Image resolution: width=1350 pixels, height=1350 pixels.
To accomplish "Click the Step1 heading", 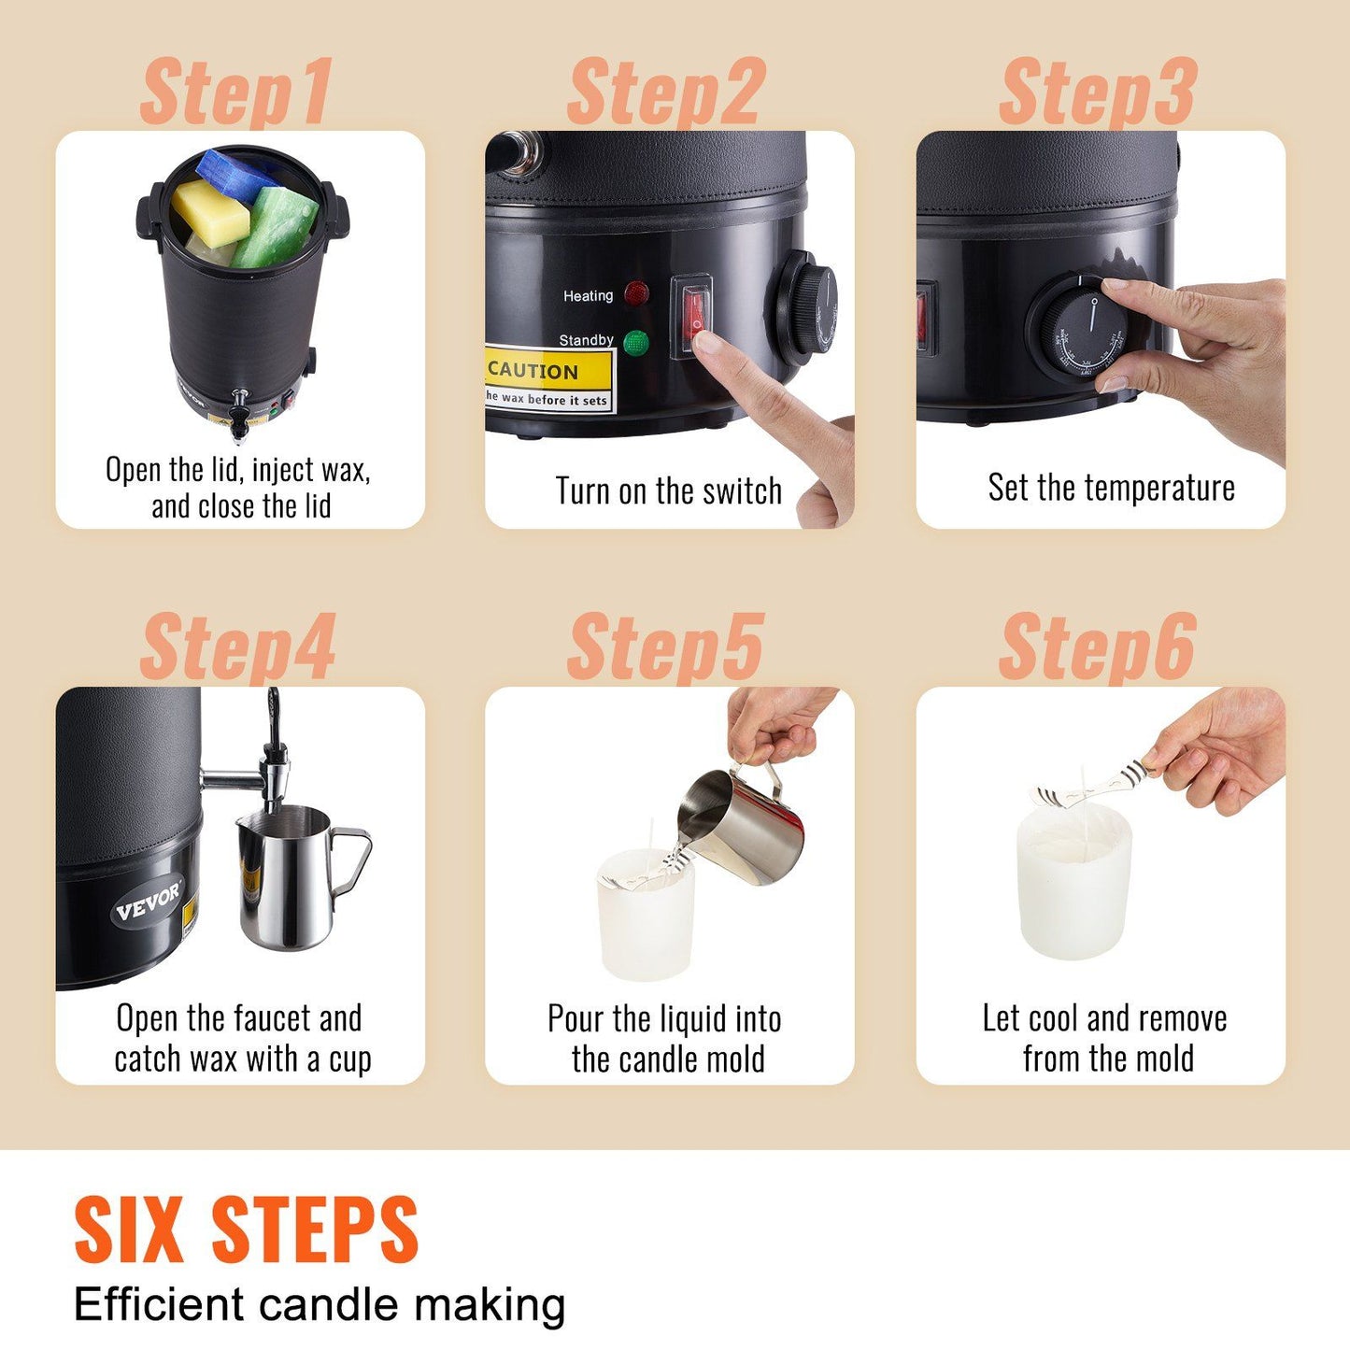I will (235, 92).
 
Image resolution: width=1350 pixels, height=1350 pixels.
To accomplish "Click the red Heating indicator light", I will (637, 295).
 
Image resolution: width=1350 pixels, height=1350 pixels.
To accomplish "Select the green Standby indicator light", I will (636, 342).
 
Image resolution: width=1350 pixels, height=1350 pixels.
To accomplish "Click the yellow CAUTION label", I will (548, 379).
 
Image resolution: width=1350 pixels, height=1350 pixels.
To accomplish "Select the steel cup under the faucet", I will (288, 878).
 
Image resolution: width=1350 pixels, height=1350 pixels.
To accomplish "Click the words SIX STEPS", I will (246, 1230).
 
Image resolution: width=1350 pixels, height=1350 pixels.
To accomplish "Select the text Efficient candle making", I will (320, 1305).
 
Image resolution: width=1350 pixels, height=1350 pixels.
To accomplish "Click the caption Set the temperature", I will (1111, 488).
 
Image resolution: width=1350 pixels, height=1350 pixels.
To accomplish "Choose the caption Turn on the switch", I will (668, 491).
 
